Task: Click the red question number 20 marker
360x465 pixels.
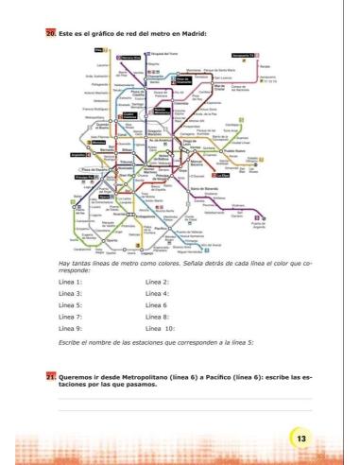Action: point(51,35)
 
